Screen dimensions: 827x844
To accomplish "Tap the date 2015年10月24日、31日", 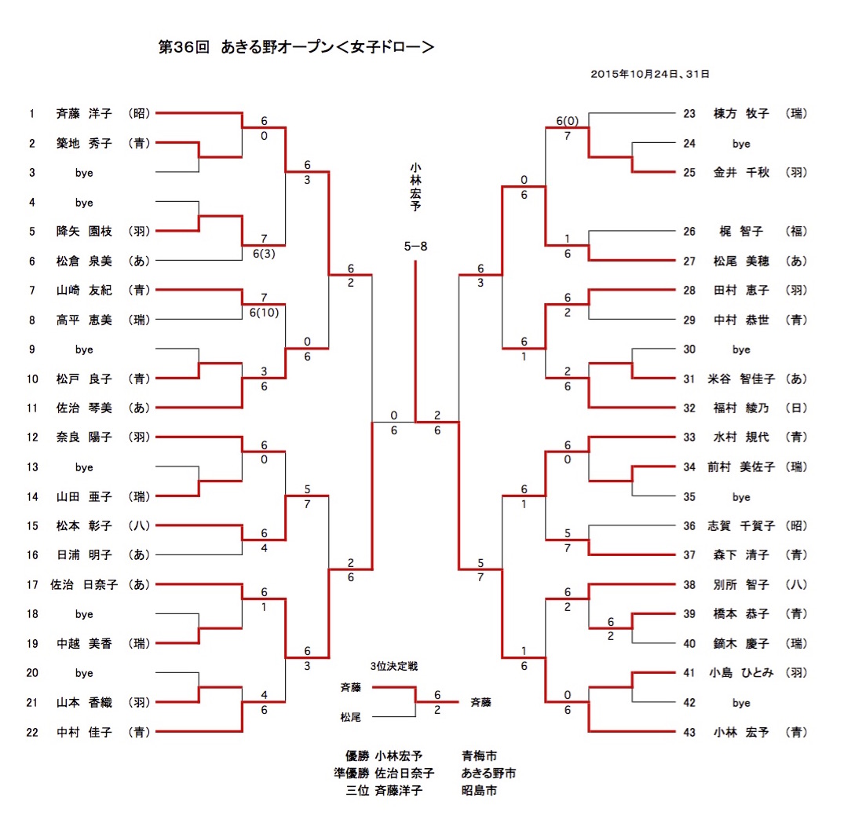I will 650,75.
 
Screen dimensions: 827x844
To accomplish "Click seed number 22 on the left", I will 32,732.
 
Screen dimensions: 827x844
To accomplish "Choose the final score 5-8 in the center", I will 415,247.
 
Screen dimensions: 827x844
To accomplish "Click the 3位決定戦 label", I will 394,666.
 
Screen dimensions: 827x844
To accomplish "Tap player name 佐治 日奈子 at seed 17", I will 84,584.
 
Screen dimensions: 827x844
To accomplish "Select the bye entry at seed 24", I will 741,144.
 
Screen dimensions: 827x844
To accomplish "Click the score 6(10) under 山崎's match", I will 265,313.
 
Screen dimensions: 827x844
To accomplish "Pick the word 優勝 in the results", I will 356,756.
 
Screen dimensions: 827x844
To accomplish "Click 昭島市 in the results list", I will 480,790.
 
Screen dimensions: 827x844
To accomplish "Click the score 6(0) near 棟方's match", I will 567,121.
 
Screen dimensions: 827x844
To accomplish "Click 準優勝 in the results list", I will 350,774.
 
